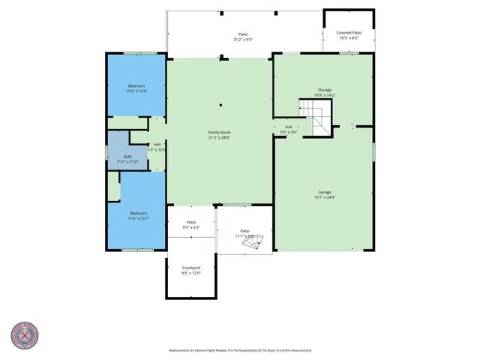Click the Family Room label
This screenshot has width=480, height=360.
click(x=219, y=133)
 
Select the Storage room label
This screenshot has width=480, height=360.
click(x=324, y=89)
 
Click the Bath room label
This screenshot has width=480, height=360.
click(x=127, y=156)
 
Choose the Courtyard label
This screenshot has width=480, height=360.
click(x=191, y=268)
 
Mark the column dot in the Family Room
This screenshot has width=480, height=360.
click(x=220, y=105)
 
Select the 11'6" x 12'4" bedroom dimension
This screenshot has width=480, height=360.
click(x=136, y=91)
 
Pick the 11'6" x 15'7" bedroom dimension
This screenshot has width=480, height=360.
click(x=136, y=218)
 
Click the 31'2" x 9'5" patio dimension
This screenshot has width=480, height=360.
click(x=243, y=40)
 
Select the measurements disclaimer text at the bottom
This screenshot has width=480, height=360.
click(x=240, y=350)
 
